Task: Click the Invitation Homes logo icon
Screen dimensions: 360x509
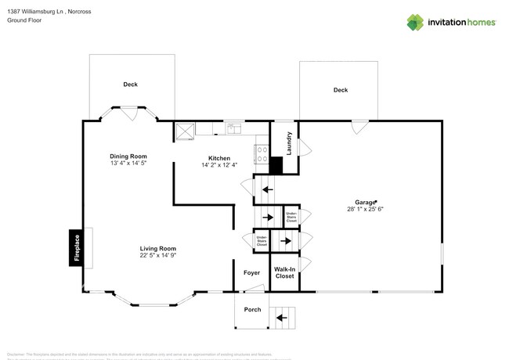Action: pyautogui.click(x=415, y=22)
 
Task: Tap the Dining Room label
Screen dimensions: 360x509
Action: pyautogui.click(x=128, y=157)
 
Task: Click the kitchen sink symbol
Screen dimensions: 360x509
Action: pyautogui.click(x=233, y=128)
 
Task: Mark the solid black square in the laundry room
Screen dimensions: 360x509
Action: pyautogui.click(x=276, y=165)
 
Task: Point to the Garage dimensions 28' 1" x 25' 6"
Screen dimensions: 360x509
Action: pyautogui.click(x=365, y=209)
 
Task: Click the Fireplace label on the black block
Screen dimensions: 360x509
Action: pyautogui.click(x=77, y=247)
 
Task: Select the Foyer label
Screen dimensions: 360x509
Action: pyautogui.click(x=251, y=273)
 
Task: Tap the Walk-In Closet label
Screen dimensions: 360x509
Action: pyautogui.click(x=283, y=273)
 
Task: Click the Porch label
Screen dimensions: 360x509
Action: pyautogui.click(x=252, y=309)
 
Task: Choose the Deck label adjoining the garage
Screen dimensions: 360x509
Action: pyautogui.click(x=340, y=90)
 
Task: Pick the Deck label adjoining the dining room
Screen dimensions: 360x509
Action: pyautogui.click(x=130, y=84)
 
